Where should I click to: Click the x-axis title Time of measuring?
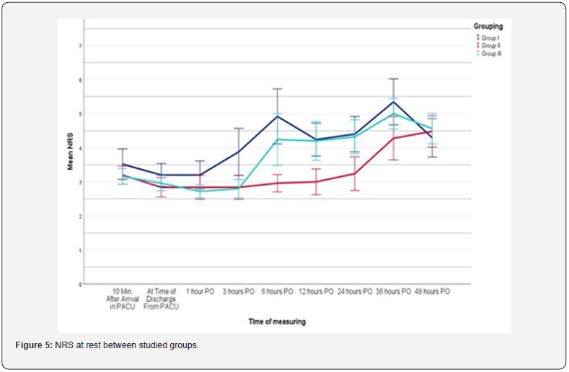[x=276, y=321]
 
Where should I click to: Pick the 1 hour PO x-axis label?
[x=200, y=292]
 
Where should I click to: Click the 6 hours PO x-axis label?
[x=277, y=292]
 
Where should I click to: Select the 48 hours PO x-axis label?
[x=432, y=292]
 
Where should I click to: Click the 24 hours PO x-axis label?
[x=354, y=292]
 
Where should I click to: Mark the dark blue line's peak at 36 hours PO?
[x=393, y=102]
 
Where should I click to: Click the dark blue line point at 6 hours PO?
[x=277, y=116]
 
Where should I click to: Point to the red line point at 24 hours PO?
[x=354, y=173]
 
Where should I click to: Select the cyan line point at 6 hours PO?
[x=277, y=139]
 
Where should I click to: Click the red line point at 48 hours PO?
[x=432, y=131]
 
